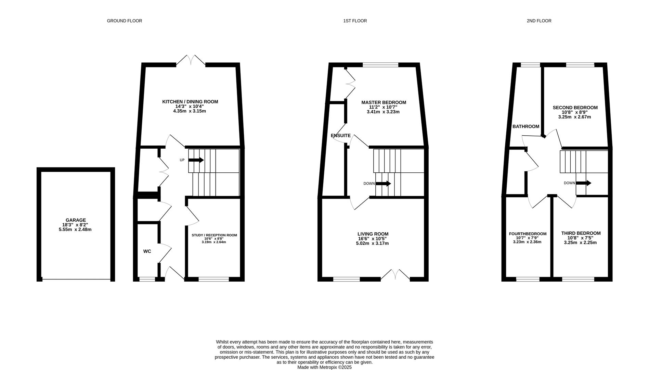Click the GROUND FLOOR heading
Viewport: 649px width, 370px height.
125,21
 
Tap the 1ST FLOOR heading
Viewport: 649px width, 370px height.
355,21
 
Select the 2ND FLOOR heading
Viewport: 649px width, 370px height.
539,21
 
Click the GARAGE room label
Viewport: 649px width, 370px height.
76,220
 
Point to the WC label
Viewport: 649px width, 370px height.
147,251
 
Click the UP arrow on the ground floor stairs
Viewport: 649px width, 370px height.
196,160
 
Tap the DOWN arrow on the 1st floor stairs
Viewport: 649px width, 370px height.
383,184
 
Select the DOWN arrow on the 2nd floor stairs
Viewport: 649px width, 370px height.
584,183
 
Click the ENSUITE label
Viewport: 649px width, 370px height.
341,136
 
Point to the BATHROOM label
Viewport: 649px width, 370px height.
526,126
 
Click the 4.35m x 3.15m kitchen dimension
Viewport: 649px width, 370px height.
190,111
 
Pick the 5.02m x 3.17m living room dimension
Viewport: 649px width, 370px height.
373,244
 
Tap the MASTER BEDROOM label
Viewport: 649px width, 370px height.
384,102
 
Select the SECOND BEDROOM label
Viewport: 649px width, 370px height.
575,108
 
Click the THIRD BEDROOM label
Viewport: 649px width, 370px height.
581,233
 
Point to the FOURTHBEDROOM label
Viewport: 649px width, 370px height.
528,234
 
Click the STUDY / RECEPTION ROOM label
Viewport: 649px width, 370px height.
214,235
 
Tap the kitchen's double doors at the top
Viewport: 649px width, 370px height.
191,60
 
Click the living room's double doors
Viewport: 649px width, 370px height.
395,275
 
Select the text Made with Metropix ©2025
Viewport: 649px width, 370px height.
324,367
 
